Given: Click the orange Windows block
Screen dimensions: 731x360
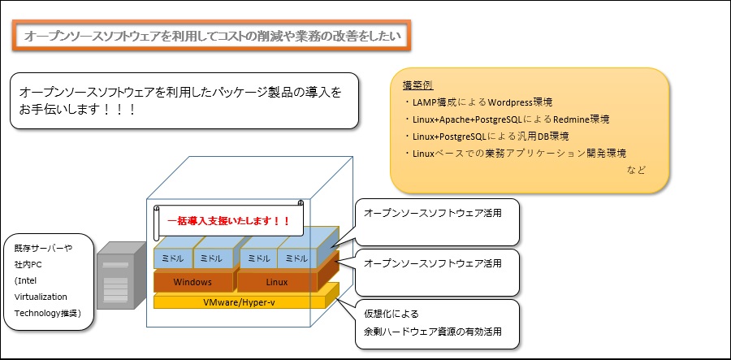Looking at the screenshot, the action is coord(192,282).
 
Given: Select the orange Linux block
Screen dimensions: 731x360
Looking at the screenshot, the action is coord(277,282).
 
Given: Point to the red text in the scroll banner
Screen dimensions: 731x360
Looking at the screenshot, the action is coord(228,220).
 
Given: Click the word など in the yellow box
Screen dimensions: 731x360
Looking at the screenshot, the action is coord(636,170).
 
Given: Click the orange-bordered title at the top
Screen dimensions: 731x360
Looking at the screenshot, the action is coord(212,36).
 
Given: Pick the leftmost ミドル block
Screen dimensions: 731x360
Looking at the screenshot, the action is coord(173,258).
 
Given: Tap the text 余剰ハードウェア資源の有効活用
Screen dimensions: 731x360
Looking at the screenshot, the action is coord(433,332).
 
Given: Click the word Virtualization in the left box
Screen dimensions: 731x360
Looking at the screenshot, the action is coord(41,297).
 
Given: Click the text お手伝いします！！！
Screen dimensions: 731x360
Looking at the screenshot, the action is coord(77,111).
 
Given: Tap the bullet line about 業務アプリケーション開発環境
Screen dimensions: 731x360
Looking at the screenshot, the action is coord(515,153).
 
